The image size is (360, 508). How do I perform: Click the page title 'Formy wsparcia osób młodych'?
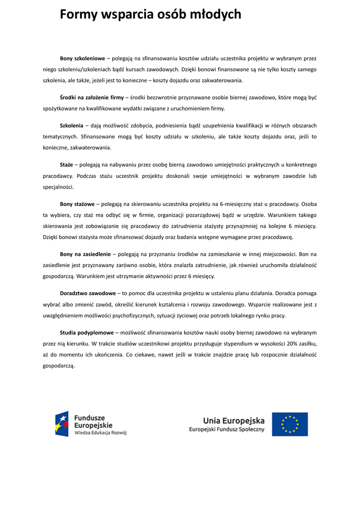[150, 15]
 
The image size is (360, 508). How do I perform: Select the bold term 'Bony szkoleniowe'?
[82, 59]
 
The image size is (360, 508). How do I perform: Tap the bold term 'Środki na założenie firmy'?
[92, 97]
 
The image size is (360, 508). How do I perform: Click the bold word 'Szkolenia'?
[72, 126]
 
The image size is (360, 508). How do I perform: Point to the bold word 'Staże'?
[67, 164]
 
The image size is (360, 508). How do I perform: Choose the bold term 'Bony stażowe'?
[77, 204]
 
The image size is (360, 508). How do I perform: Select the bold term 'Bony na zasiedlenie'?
[85, 254]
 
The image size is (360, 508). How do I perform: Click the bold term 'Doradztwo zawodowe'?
[88, 293]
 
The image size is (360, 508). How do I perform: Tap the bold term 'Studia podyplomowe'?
[87, 332]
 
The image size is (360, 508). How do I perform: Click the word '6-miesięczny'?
[236, 204]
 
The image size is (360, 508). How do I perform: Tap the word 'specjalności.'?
[58, 187]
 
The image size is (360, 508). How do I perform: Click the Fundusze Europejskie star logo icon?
[62, 424]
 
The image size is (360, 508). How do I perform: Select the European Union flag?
[289, 424]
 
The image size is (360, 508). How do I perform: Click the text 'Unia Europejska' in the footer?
[233, 421]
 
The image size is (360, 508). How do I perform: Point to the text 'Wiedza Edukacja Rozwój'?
[100, 433]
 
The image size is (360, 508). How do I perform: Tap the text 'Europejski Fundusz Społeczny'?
[226, 430]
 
